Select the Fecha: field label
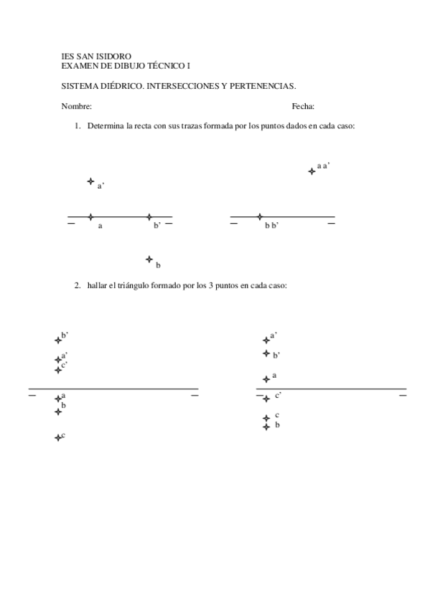click(x=303, y=106)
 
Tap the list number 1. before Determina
click(x=78, y=126)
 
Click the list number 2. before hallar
click(x=78, y=285)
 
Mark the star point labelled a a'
click(x=312, y=171)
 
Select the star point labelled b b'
click(x=260, y=217)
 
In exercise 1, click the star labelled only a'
click(x=90, y=181)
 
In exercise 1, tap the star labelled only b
click(x=149, y=259)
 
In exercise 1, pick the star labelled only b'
click(x=149, y=217)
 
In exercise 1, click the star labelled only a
click(x=90, y=217)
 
